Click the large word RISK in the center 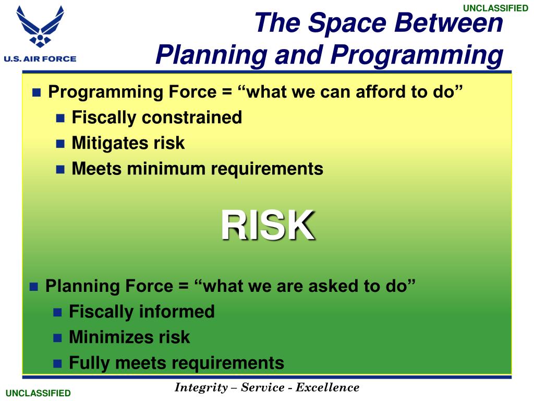pyautogui.click(x=268, y=226)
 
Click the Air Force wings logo pyautogui.click(x=40, y=26)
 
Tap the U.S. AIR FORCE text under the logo pyautogui.click(x=40, y=58)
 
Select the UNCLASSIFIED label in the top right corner pyautogui.click(x=495, y=8)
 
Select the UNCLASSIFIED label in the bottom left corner pyautogui.click(x=38, y=393)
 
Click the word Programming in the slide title pyautogui.click(x=417, y=54)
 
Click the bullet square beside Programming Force pyautogui.click(x=37, y=92)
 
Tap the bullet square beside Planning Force pyautogui.click(x=34, y=287)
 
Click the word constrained pyautogui.click(x=192, y=117)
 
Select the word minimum pyautogui.click(x=165, y=169)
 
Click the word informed pyautogui.click(x=177, y=311)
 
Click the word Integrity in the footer pyautogui.click(x=201, y=387)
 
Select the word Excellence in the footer pyautogui.click(x=327, y=387)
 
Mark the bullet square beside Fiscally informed pyautogui.click(x=57, y=312)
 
